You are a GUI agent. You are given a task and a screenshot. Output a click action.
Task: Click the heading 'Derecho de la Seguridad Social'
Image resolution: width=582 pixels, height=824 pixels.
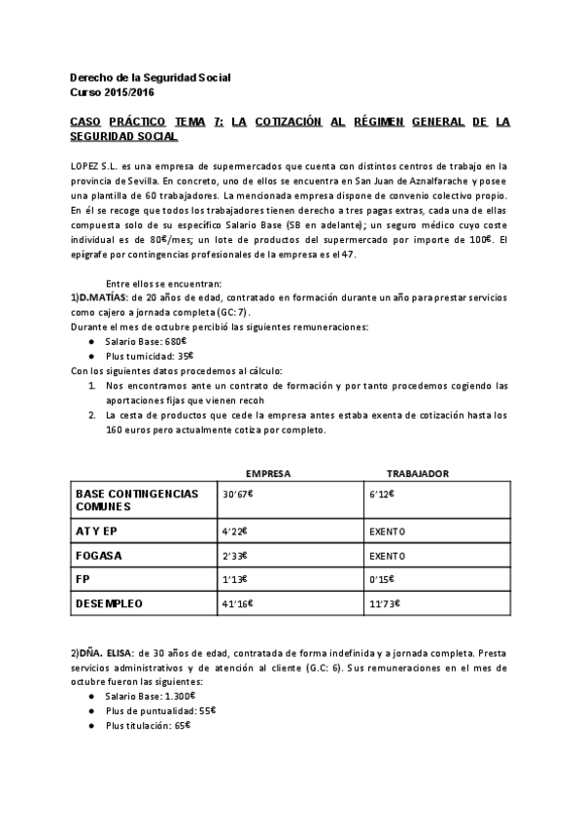tap(151, 78)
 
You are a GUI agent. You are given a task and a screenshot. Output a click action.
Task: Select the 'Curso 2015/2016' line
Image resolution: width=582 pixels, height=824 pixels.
tap(112, 92)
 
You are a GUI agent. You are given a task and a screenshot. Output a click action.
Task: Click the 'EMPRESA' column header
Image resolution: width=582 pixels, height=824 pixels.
tap(268, 473)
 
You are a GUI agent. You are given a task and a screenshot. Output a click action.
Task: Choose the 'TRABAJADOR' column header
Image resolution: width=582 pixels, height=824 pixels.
tap(418, 473)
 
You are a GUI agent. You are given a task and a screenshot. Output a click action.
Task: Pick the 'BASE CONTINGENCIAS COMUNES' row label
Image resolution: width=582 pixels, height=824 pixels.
tap(136, 499)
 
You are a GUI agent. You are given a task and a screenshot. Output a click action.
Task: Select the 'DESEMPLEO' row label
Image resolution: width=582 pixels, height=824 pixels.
tap(109, 603)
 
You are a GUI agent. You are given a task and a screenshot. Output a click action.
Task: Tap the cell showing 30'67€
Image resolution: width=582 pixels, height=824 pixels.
tap(237, 495)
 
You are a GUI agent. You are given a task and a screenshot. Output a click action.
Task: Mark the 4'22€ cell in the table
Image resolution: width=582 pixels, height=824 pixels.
tap(235, 532)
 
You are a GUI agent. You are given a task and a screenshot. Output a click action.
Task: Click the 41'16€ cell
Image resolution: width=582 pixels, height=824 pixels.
tap(237, 603)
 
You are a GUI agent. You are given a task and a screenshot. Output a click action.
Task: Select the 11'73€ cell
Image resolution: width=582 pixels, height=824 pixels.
tap(385, 603)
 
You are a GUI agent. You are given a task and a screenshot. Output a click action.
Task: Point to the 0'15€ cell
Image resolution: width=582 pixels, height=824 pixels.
tap(383, 580)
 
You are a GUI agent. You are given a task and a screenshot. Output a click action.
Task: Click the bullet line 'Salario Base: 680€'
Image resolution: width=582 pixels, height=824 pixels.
tap(149, 343)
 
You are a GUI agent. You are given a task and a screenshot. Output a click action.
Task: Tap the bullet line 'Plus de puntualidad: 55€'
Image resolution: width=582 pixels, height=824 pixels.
tap(160, 710)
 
